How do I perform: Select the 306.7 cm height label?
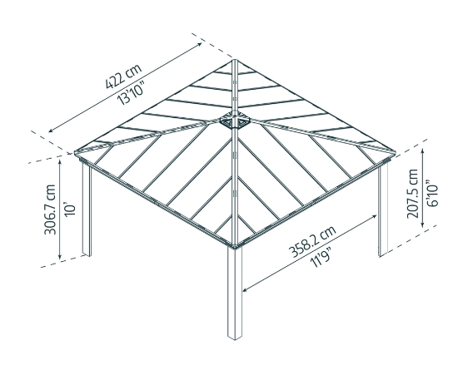tap(50, 210)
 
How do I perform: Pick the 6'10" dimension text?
tap(432, 194)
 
